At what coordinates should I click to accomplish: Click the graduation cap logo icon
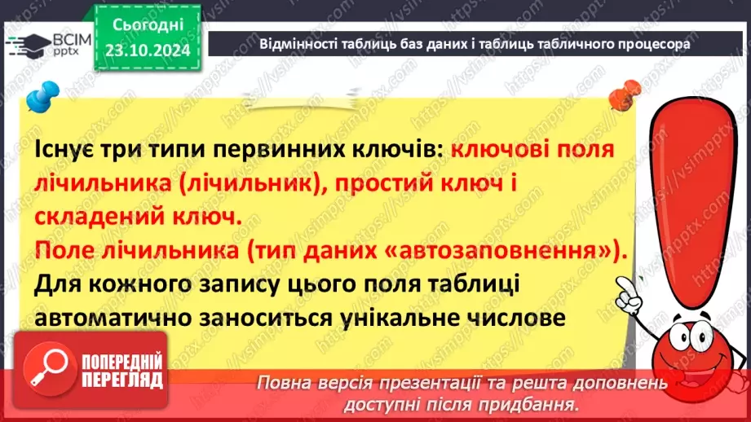20,43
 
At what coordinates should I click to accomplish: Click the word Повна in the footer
285,384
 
